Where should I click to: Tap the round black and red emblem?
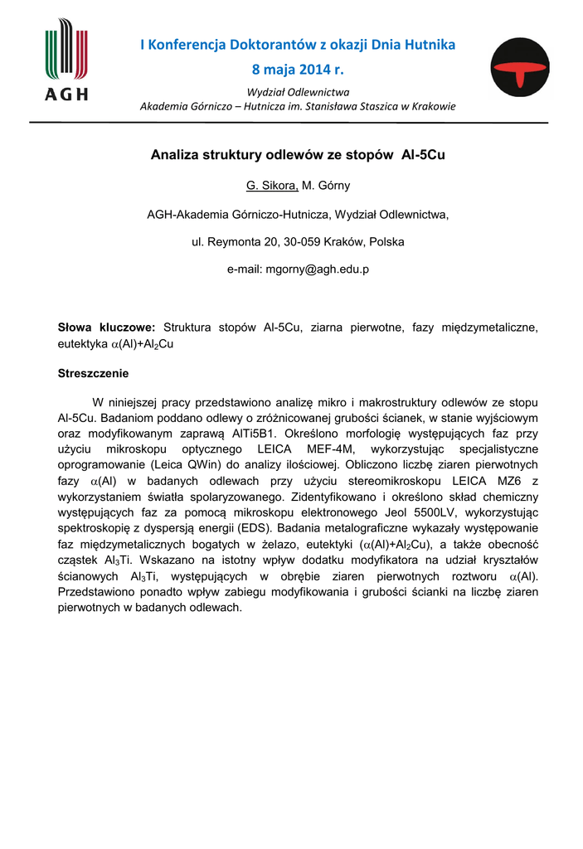click(x=519, y=68)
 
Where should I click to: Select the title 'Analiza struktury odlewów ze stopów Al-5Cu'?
click(x=297, y=155)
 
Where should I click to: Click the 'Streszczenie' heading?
click(x=93, y=373)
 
